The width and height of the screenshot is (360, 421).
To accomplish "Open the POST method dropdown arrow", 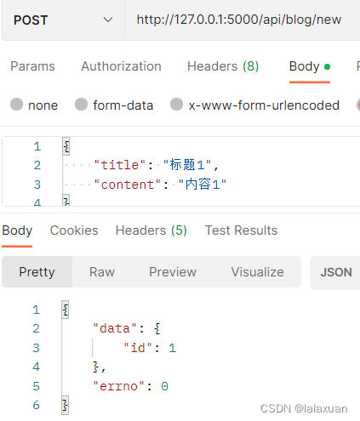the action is pyautogui.click(x=108, y=20).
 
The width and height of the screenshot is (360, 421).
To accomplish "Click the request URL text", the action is pyautogui.click(x=239, y=20).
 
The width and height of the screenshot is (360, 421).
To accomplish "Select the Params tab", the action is pyautogui.click(x=32, y=66).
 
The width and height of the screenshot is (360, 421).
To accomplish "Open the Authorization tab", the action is pyautogui.click(x=121, y=66).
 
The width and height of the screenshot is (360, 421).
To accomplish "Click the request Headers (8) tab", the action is pyautogui.click(x=223, y=66).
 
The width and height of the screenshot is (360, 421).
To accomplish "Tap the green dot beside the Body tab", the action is pyautogui.click(x=327, y=66).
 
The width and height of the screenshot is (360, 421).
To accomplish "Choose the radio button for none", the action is pyautogui.click(x=16, y=105).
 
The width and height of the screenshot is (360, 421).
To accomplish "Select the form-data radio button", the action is pyautogui.click(x=81, y=105).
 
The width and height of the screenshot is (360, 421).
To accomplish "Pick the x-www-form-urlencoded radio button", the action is pyautogui.click(x=176, y=105).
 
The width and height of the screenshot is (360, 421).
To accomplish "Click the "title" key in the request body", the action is pyautogui.click(x=119, y=165).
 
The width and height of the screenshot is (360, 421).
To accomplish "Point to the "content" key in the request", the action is pyautogui.click(x=127, y=185).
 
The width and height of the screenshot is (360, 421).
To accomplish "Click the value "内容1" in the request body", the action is pyautogui.click(x=203, y=185).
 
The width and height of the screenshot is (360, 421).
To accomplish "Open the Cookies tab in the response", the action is pyautogui.click(x=74, y=230).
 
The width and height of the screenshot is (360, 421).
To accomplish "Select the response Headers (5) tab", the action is pyautogui.click(x=151, y=230).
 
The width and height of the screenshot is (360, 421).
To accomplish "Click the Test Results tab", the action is pyautogui.click(x=241, y=230).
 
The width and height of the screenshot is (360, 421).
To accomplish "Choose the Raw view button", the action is pyautogui.click(x=102, y=272).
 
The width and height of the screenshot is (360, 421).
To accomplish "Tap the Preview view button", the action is pyautogui.click(x=173, y=272).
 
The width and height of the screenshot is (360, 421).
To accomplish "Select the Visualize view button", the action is pyautogui.click(x=257, y=272).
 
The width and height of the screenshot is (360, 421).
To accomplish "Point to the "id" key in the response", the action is pyautogui.click(x=138, y=348).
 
